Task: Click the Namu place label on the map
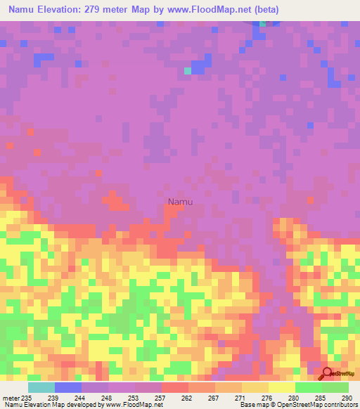click(180, 202)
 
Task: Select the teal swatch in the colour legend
click(41, 387)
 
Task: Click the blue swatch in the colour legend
click(68, 387)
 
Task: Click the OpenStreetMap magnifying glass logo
click(326, 373)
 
